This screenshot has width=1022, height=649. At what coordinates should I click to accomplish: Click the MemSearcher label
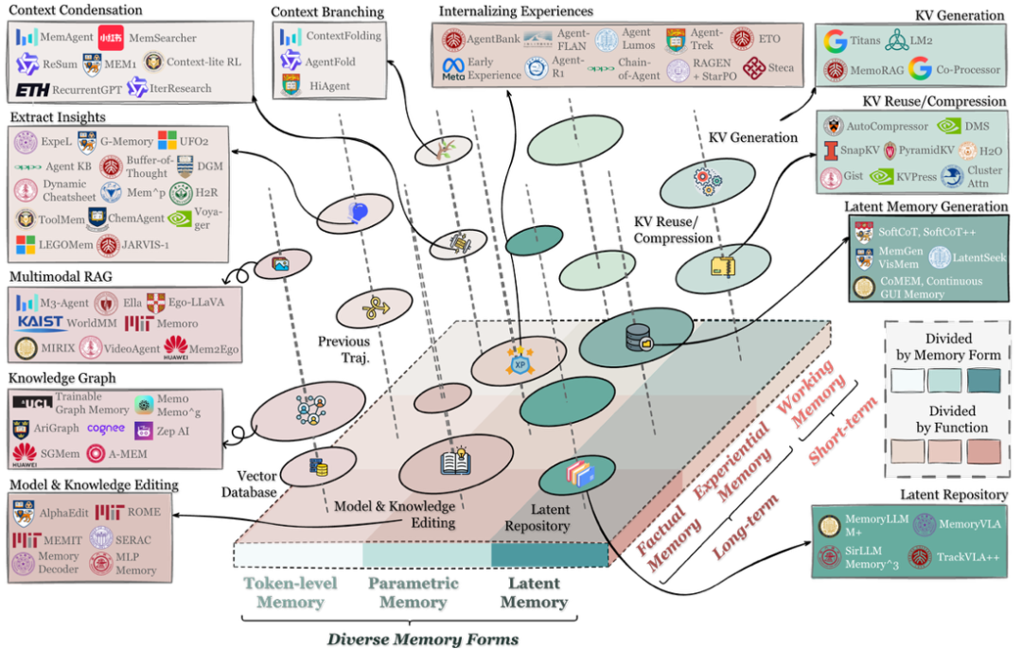[162, 38]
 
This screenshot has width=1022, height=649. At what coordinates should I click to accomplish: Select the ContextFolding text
[343, 36]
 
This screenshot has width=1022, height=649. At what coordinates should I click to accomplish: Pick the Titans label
[864, 41]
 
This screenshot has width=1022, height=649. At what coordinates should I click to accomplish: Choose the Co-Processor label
[968, 69]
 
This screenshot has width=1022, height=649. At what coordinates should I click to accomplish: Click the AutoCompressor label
[888, 126]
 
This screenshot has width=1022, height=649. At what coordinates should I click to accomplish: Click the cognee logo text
[105, 428]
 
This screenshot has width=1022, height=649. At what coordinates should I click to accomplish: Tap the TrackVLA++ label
[969, 557]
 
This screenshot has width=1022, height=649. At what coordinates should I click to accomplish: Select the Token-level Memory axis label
[290, 592]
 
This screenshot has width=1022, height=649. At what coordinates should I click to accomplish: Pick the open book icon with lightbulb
[455, 462]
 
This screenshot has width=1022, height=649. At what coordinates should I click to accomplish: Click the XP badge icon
[519, 364]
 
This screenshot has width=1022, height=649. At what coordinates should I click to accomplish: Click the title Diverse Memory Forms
[422, 640]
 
